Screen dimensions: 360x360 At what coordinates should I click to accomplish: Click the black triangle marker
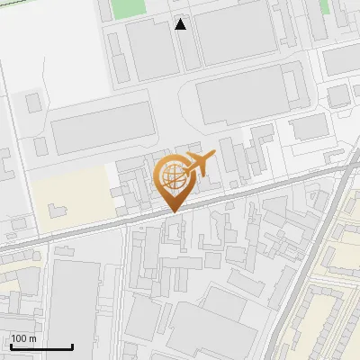click(181, 24)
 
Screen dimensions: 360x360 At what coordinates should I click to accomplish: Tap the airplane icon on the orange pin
click(198, 164)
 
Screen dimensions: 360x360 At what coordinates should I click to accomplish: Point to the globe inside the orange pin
click(171, 175)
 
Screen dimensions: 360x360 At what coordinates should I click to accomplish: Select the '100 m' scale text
click(23, 338)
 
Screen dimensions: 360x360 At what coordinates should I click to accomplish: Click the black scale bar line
click(41, 346)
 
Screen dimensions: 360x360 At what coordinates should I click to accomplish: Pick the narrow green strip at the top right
click(324, 6)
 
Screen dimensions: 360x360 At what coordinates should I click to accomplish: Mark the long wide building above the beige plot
click(103, 128)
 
